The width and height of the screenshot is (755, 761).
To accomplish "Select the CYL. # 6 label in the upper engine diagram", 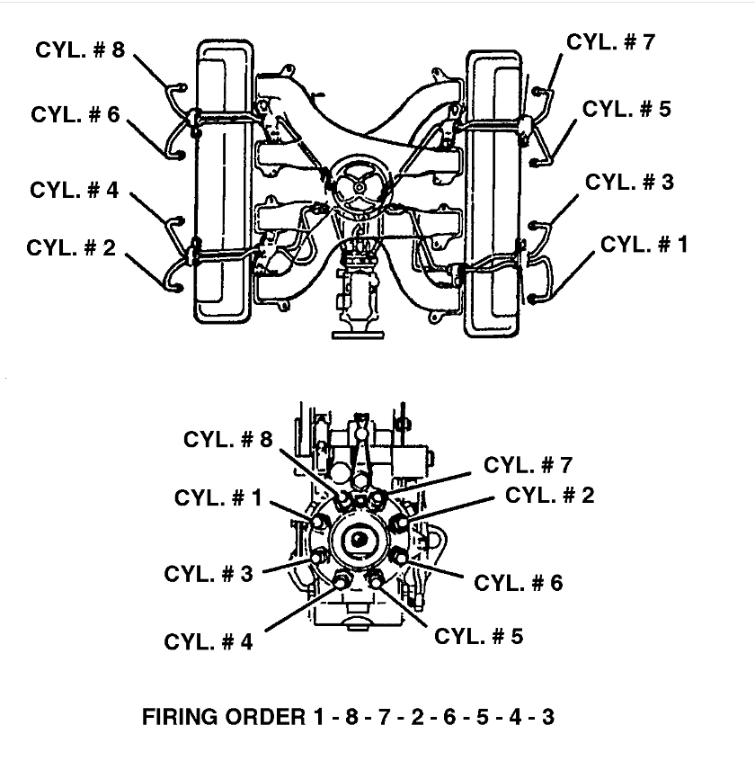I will [x=75, y=115].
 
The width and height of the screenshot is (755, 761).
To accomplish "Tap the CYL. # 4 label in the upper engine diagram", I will [x=74, y=191].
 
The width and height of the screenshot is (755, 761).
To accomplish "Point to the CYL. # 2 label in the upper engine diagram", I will [x=71, y=247].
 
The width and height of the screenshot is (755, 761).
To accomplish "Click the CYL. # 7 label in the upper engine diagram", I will [x=610, y=42].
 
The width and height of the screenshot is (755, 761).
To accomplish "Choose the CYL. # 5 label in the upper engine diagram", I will [x=626, y=110].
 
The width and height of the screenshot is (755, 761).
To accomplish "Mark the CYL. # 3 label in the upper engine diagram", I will [x=629, y=183].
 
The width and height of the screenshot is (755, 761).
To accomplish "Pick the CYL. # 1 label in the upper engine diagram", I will [x=644, y=244].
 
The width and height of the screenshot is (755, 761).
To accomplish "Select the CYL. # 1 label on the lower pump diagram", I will [x=218, y=498].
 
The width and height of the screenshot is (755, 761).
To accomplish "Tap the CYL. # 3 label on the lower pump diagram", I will [x=209, y=574].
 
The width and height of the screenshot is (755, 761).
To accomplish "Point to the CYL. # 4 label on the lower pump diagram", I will [x=209, y=641].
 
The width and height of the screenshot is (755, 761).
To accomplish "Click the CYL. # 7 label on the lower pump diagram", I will [x=528, y=465].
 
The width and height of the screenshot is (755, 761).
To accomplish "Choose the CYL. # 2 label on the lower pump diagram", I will [x=550, y=496].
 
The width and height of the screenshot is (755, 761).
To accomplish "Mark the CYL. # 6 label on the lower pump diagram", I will [x=519, y=583].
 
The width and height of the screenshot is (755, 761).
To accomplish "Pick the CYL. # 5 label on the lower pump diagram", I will [x=478, y=636].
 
